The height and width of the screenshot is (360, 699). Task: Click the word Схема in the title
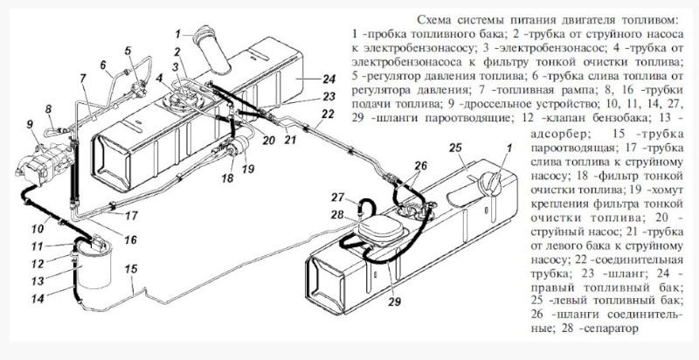pos(437,18)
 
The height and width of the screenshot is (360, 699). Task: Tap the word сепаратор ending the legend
pos(607,329)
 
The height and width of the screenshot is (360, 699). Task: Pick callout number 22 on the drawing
pos(329,114)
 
